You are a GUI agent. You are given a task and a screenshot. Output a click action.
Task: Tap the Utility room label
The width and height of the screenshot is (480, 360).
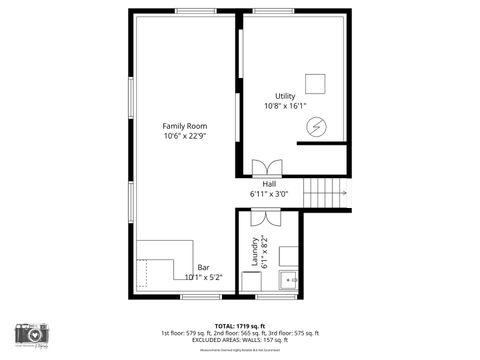[285, 96]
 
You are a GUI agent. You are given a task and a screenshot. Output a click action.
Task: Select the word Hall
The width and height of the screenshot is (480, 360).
[269, 184]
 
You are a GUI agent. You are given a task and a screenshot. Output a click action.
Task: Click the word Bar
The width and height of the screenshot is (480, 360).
[203, 267]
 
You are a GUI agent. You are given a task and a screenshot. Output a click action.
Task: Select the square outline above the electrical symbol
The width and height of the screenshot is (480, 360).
[317, 83]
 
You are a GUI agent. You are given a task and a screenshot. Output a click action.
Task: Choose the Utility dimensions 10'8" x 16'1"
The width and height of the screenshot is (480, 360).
[285, 106]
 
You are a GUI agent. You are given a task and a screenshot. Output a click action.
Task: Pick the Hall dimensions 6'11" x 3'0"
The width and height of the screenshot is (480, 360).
[269, 194]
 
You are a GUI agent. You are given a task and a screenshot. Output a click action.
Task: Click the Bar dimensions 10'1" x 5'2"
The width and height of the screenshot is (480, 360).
[203, 277]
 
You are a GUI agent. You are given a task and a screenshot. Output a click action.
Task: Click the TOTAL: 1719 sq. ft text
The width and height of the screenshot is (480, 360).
[239, 326]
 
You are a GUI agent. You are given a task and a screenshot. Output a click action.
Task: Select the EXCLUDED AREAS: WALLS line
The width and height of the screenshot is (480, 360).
[239, 340]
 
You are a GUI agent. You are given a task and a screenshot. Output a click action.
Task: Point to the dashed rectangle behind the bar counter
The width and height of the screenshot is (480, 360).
[143, 272]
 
